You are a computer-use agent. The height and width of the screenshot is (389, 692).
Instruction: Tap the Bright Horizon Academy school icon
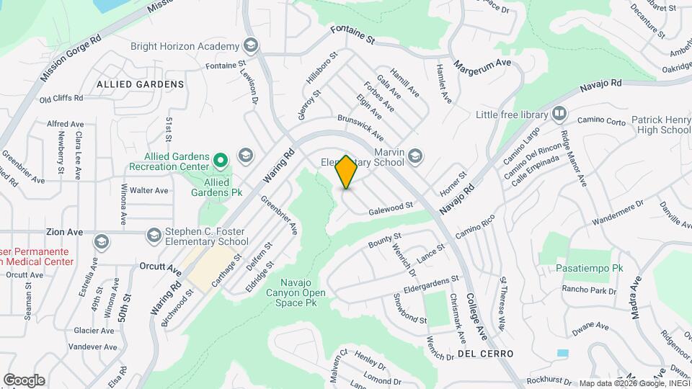pos(250,46)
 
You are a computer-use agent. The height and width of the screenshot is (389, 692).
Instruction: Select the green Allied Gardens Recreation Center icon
pos(222,158)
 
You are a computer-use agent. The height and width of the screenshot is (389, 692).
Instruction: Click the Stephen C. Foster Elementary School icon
pos(154,235)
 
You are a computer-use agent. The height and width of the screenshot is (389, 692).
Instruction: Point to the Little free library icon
pos(559,115)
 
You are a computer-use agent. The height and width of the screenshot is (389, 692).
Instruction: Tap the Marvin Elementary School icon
pos(414,155)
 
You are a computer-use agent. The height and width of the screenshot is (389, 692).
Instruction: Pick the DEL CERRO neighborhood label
pos(484,354)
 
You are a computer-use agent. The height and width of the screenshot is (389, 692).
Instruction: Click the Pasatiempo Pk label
pos(589,268)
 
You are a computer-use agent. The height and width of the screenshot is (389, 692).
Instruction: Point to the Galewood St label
pos(391,208)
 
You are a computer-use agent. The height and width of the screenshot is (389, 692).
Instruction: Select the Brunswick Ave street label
pos(360,128)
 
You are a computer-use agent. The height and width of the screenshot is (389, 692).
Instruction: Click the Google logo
pos(24,380)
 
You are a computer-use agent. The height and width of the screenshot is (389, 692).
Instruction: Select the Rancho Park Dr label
pos(590,291)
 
